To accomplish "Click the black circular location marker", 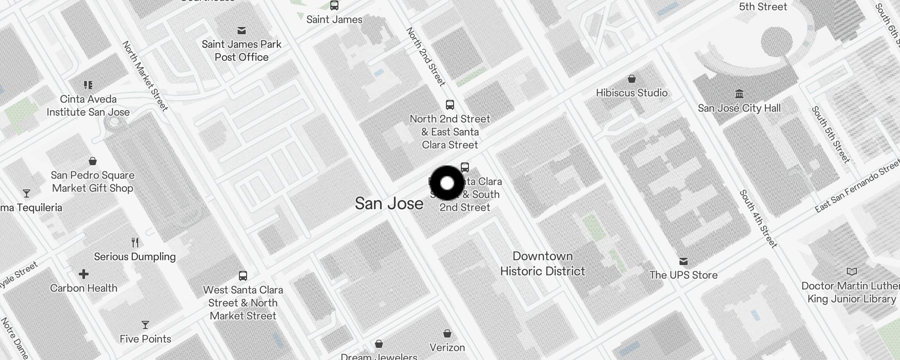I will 447,183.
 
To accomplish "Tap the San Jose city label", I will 389,203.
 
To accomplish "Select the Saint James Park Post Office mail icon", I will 242,31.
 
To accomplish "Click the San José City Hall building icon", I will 739,94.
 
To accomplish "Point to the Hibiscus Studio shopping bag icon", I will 632,79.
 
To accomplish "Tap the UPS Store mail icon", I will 684,261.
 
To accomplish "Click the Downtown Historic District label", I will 542,264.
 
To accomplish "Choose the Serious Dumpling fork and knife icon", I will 135,243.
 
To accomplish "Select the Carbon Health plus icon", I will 84,274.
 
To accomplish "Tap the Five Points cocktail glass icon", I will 145,325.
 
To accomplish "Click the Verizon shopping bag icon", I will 447,333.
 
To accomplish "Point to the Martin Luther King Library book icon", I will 851,271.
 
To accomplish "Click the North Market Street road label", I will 145,76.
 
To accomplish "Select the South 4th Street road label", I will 758,219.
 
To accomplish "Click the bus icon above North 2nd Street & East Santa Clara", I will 450,105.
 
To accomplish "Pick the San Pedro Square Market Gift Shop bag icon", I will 93,161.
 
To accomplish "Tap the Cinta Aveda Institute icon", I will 88,85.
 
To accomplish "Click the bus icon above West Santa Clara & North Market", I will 243,275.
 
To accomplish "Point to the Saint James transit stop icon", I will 334,5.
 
